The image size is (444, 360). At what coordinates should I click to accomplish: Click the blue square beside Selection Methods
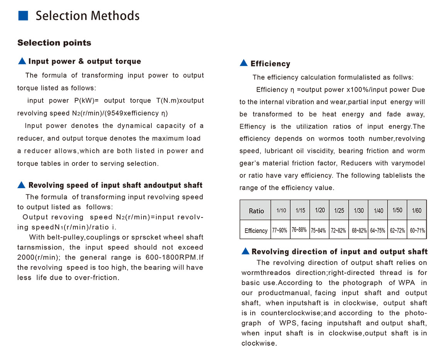[x=24, y=15]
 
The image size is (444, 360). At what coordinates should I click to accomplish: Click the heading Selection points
[x=54, y=43]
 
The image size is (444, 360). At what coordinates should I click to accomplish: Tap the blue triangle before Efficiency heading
[x=244, y=63]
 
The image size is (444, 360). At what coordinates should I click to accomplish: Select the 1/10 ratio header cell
[x=281, y=211]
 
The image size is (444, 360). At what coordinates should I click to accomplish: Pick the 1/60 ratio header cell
[x=417, y=211]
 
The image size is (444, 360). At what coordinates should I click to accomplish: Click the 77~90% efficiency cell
[x=280, y=231]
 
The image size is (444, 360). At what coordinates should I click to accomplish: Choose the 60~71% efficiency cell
[x=417, y=231]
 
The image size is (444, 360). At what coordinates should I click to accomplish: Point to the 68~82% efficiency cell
[x=359, y=231]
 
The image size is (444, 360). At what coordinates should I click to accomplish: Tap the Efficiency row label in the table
[x=256, y=231]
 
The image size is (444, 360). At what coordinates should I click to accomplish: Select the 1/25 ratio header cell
[x=339, y=211]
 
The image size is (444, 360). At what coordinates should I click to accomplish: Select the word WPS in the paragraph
[x=288, y=323]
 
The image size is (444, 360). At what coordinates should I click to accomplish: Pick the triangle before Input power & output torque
[x=22, y=61]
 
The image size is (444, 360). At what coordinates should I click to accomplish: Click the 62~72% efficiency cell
[x=397, y=231]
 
